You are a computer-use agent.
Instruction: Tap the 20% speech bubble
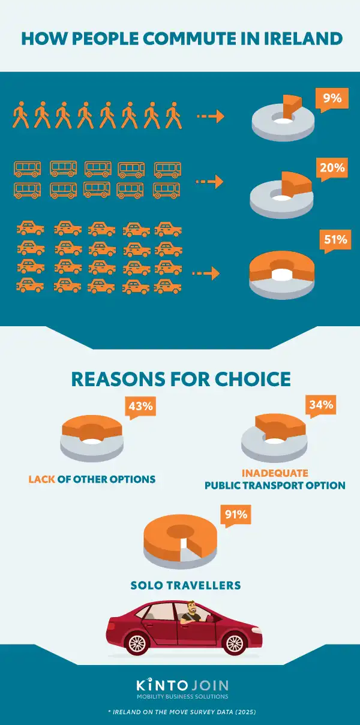coord(332,169)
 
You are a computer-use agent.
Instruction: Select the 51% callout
coord(335,240)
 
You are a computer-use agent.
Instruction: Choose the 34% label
coord(321,405)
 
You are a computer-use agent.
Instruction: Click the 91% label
coord(235,514)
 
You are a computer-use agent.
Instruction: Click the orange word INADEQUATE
coord(275,473)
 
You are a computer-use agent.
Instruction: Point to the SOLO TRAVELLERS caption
coord(186,585)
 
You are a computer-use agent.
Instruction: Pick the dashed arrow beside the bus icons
coord(210,181)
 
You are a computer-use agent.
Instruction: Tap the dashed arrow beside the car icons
coord(205,274)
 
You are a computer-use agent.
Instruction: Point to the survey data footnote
coord(181,711)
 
